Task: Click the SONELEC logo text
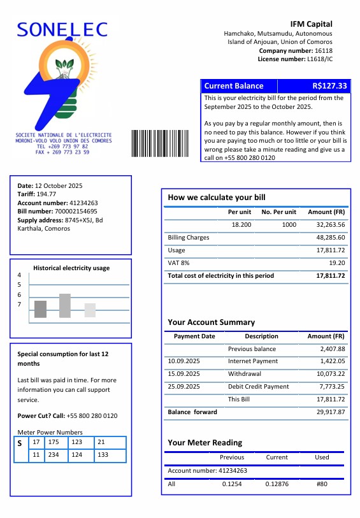[62, 29]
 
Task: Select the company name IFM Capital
[312, 24]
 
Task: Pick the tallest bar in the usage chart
[65, 306]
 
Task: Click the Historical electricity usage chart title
[71, 268]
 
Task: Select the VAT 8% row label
[178, 263]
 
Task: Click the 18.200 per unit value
[241, 225]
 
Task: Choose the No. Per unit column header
[279, 212]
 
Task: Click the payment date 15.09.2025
[184, 374]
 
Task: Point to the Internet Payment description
[253, 361]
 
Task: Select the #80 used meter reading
[322, 484]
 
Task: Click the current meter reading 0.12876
[277, 484]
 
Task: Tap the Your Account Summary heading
[211, 322]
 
